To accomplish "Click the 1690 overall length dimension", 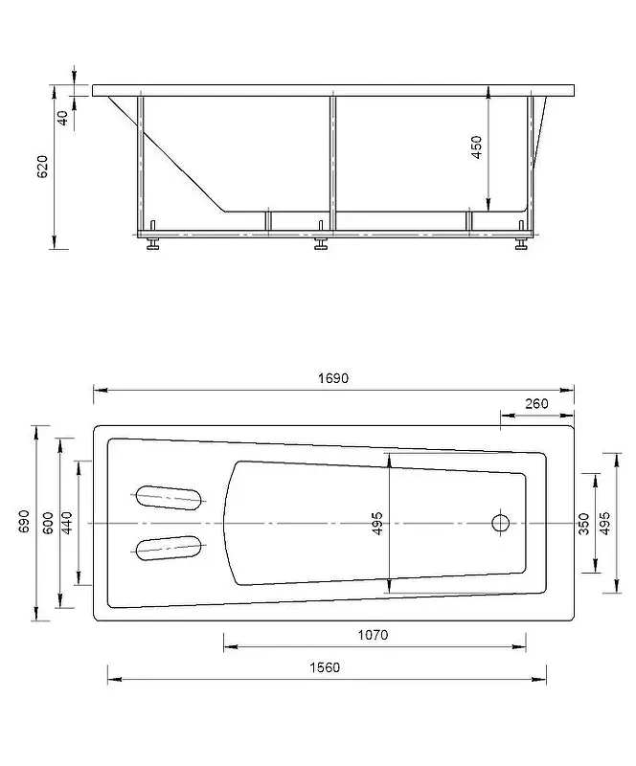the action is coord(333,378).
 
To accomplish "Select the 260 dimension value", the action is coord(536,403).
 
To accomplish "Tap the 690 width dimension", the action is coord(25,521).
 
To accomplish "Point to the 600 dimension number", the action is coord(48,523).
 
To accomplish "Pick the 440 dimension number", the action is coord(66,523).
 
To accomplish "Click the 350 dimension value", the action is coord(583,524).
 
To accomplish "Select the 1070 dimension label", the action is coord(373,635).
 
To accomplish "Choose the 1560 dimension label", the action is coord(325,667).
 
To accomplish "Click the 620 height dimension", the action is coord(42,167).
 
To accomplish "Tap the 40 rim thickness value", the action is coord(63,118).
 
